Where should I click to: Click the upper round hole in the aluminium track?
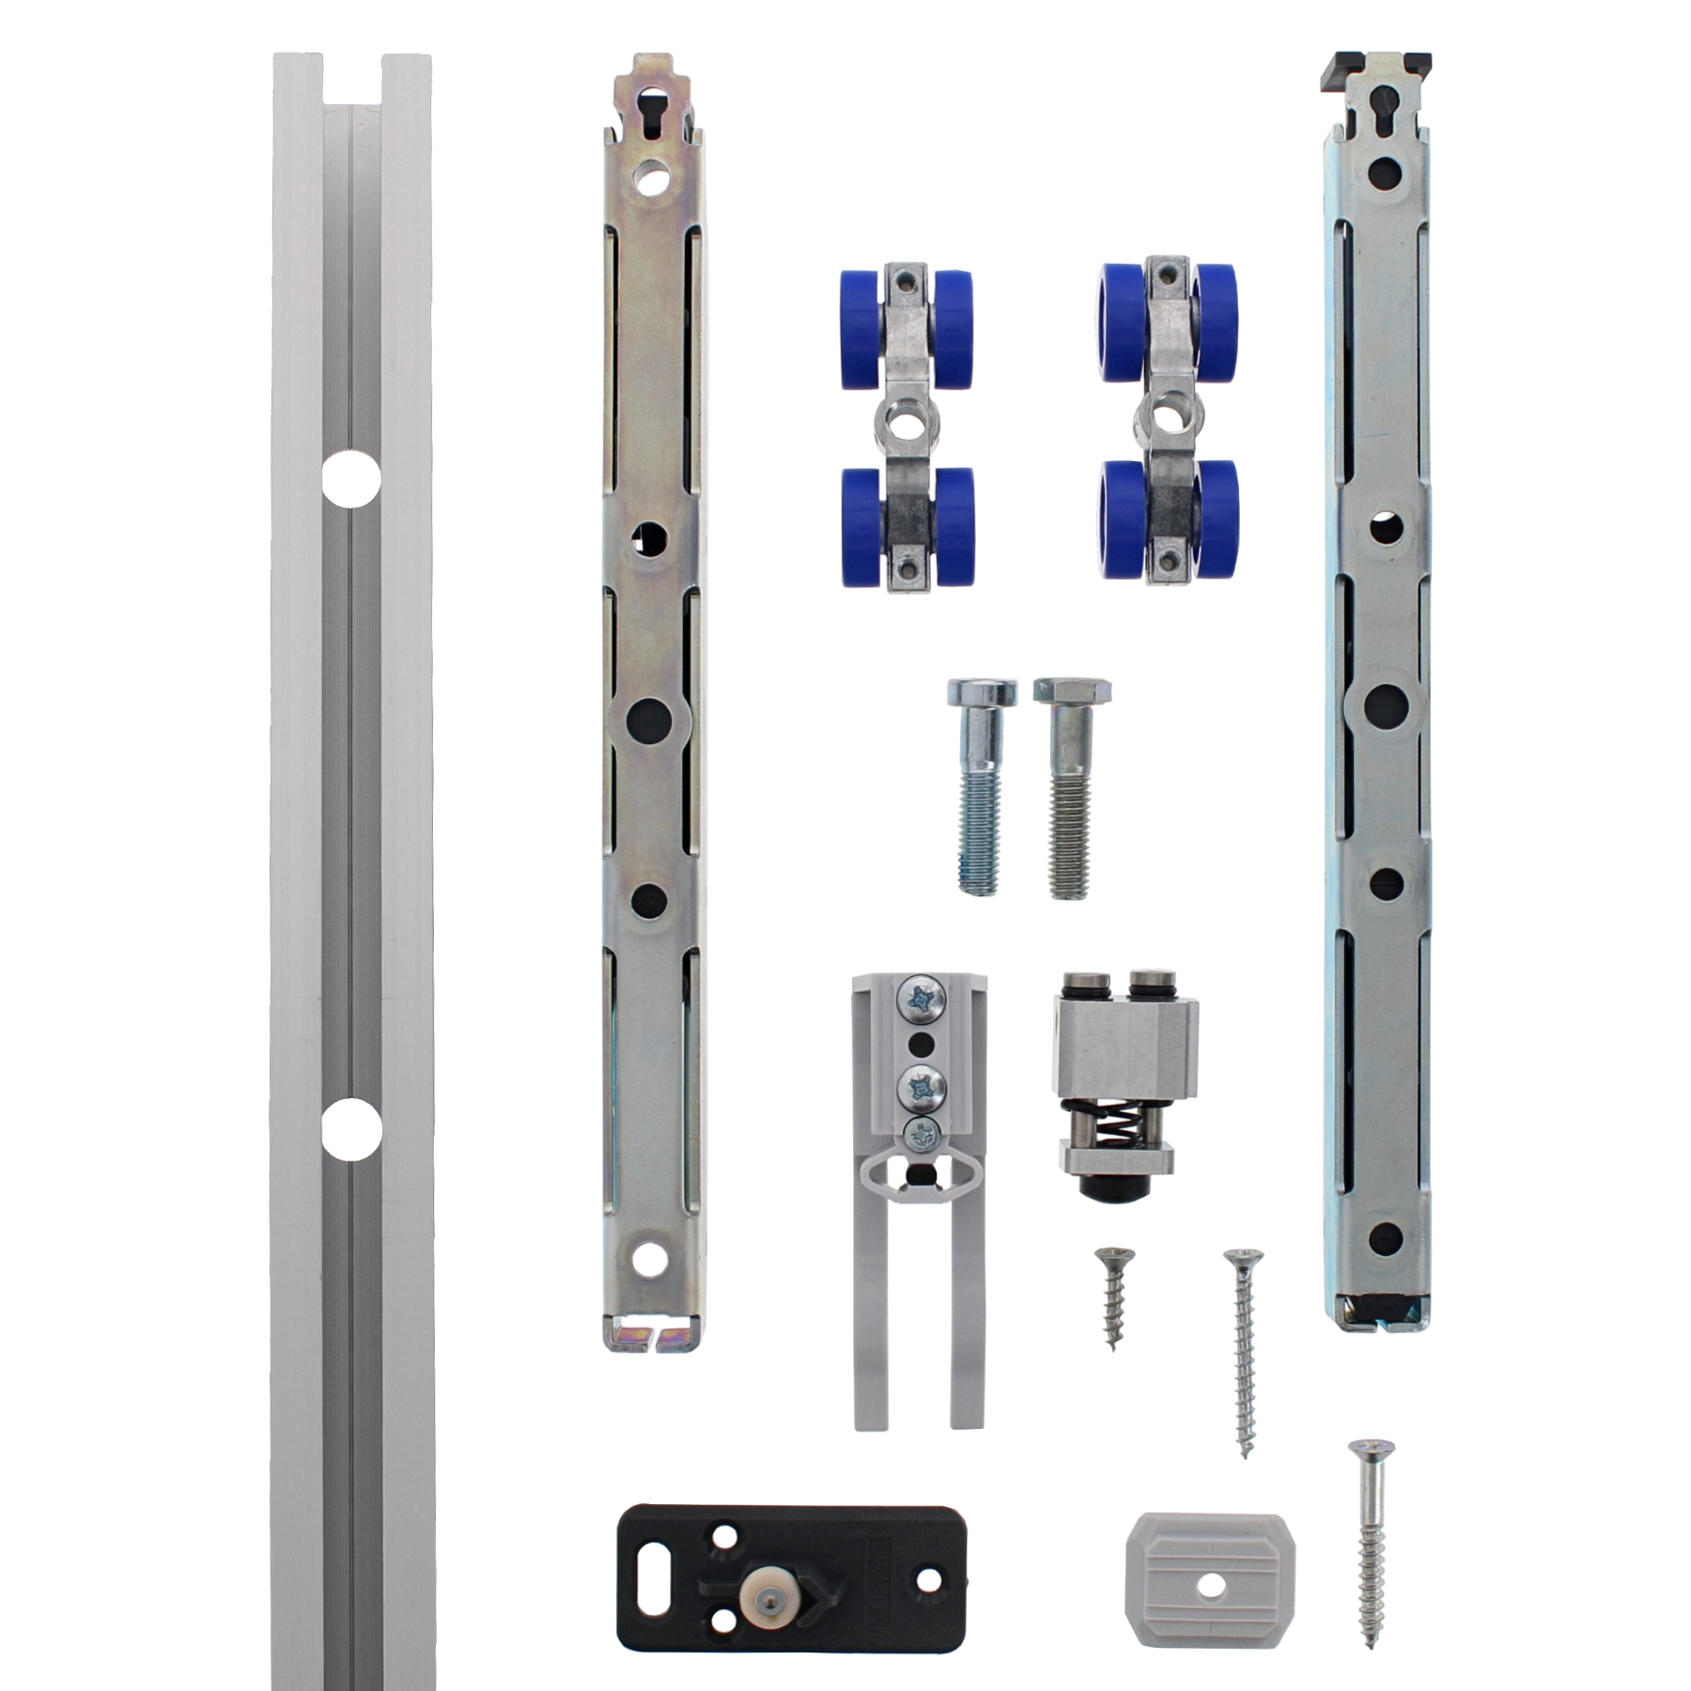[x=351, y=479]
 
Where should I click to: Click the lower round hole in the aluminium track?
[x=351, y=1129]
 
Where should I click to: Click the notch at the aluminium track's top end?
[x=353, y=79]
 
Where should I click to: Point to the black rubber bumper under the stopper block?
[x=1113, y=1188]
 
